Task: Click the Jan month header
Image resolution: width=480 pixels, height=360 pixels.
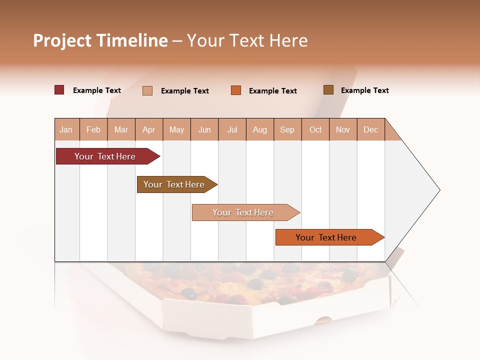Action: coord(66,129)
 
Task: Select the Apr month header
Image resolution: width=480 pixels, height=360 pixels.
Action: coord(148,129)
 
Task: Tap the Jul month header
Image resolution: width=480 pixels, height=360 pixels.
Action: coord(232,129)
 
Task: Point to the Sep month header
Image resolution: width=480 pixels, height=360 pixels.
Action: coord(287,129)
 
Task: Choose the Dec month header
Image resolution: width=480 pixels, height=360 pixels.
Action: coord(370,129)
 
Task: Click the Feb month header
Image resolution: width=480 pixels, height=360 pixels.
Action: coord(93,129)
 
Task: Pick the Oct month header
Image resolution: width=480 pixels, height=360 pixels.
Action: coord(315,129)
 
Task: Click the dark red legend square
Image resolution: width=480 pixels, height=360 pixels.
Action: coord(59,90)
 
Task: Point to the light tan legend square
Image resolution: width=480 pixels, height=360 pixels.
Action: coord(147,90)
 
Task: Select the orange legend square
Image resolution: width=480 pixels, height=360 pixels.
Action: coord(236,90)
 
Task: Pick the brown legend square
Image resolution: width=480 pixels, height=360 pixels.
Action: coord(328,90)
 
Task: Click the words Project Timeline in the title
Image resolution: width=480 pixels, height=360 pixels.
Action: coord(100,40)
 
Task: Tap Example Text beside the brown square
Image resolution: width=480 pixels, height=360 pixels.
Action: coord(364,90)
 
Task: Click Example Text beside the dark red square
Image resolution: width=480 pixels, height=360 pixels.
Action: coord(96,90)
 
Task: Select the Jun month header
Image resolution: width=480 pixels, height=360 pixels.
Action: coord(204,129)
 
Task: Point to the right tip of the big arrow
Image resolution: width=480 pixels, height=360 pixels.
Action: coord(438,189)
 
